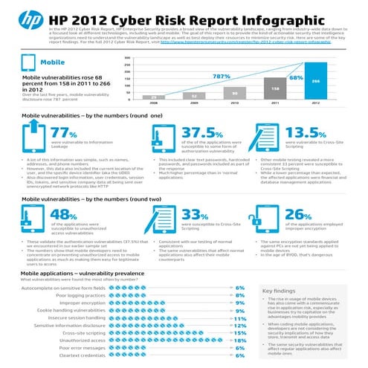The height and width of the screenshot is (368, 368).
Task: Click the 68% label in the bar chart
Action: click(296, 77)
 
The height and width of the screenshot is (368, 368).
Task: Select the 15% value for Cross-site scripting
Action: click(239, 333)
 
